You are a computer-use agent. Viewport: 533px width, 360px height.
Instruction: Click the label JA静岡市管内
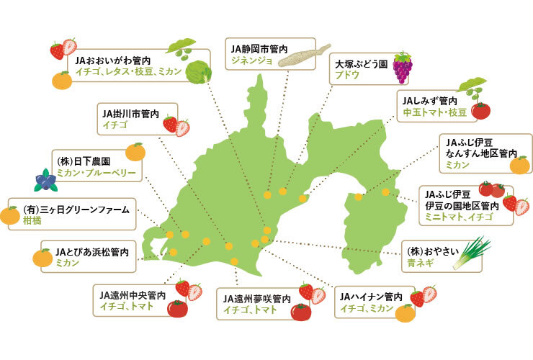[x=259, y=48]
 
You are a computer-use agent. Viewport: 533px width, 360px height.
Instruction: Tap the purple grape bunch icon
[x=402, y=67]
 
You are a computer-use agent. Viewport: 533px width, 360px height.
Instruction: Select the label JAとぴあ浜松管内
[x=91, y=253]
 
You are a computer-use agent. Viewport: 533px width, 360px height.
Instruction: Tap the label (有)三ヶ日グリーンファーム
[x=76, y=210]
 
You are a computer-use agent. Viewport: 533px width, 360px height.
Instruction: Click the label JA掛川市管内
[x=129, y=113]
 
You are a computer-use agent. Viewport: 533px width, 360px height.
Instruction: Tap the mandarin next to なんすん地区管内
[x=519, y=166]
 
